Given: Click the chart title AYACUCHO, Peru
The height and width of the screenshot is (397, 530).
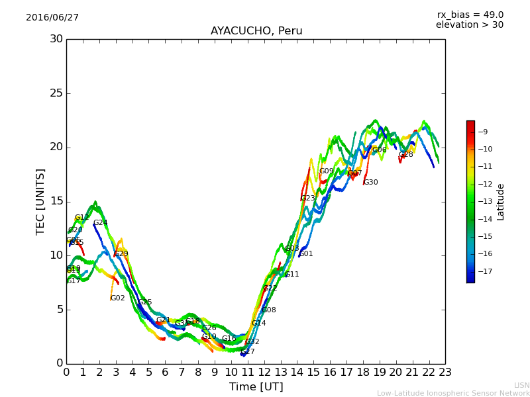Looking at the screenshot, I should pyautogui.click(x=256, y=31).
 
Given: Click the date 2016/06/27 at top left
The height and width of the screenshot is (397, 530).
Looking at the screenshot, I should pyautogui.click(x=52, y=18).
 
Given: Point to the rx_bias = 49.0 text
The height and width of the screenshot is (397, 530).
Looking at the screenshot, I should pyautogui.click(x=470, y=15).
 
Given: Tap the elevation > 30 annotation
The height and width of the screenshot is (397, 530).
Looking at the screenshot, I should pyautogui.click(x=469, y=25).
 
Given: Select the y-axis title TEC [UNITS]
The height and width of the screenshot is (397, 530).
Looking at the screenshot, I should pyautogui.click(x=41, y=201).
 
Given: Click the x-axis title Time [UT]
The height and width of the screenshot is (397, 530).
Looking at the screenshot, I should pyautogui.click(x=256, y=386).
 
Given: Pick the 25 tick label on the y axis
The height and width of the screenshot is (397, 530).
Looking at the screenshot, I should pyautogui.click(x=56, y=93).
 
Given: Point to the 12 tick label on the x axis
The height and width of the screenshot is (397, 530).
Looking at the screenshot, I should pyautogui.click(x=264, y=373).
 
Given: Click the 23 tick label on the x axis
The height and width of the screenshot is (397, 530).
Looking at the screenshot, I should pyautogui.click(x=445, y=373).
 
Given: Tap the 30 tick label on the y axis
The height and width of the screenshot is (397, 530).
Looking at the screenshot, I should pyautogui.click(x=56, y=39).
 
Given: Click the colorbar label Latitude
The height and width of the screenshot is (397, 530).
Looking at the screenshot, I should pyautogui.click(x=501, y=201).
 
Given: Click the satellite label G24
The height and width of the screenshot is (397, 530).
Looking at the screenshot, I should pyautogui.click(x=100, y=223).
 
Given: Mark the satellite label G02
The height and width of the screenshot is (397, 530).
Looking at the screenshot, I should pyautogui.click(x=117, y=298).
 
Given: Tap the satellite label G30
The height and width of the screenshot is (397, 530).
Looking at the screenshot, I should pyautogui.click(x=370, y=183).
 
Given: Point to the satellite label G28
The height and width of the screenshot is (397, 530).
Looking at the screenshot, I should pyautogui.click(x=405, y=155).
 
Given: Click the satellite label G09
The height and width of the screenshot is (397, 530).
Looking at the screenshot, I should pyautogui.click(x=326, y=171).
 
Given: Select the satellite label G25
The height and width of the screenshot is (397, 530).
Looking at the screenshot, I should pyautogui.click(x=144, y=302).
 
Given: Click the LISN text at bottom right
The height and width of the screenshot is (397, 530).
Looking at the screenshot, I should pyautogui.click(x=521, y=385).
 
